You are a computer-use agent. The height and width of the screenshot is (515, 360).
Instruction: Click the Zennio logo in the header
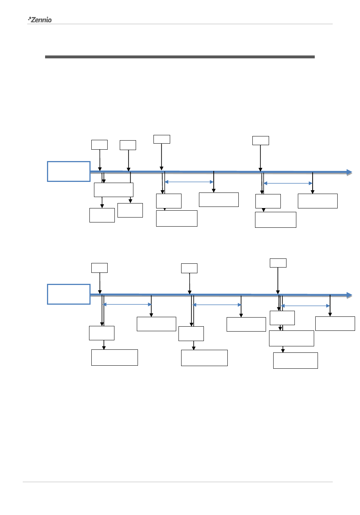click(40, 20)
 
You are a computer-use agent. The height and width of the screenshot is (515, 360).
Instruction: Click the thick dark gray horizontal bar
click(180, 57)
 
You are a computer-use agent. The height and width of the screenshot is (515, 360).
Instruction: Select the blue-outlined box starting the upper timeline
click(69, 171)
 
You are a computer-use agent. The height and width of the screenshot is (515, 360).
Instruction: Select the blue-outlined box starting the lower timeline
click(69, 294)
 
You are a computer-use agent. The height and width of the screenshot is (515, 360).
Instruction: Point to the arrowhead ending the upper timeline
click(349, 172)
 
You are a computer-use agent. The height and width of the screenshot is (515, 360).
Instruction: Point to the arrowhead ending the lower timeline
click(349, 295)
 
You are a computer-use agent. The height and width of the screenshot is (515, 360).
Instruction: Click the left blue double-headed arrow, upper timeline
click(189, 182)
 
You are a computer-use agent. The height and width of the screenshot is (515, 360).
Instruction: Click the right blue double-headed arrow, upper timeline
click(288, 183)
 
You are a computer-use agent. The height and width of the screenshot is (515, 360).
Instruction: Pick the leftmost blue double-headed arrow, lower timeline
click(127, 304)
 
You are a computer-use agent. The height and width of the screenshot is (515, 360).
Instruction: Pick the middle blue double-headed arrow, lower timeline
click(217, 305)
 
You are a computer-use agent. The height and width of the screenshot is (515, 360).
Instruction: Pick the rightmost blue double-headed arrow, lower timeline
click(305, 306)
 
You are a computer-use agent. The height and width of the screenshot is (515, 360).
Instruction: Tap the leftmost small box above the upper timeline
click(99, 145)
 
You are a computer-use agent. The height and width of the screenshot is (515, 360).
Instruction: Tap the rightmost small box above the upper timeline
click(261, 141)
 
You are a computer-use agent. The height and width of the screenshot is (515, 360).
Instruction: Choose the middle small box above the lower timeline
click(189, 268)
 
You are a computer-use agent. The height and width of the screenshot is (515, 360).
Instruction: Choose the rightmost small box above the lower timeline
click(278, 263)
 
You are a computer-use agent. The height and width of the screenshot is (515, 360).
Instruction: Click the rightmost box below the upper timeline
click(318, 201)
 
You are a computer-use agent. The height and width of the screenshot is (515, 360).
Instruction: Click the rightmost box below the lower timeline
click(335, 324)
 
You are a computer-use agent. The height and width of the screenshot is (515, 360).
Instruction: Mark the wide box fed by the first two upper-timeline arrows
click(114, 190)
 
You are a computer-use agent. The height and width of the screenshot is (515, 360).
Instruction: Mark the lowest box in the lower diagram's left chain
click(114, 357)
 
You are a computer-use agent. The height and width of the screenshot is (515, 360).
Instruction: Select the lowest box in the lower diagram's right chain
click(295, 360)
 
